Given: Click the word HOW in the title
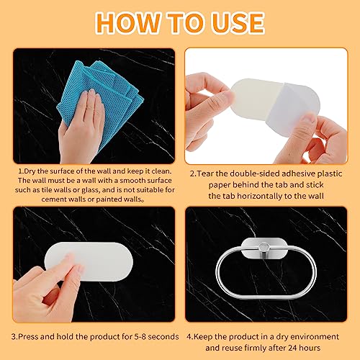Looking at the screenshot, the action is pyautogui.click(x=128, y=22).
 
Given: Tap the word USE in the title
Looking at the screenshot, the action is pyautogui.click(x=238, y=22).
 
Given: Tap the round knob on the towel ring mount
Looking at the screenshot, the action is pyautogui.click(x=264, y=246).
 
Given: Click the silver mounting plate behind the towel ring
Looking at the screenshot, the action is pyautogui.click(x=264, y=247).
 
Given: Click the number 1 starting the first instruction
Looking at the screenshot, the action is pyautogui.click(x=20, y=171).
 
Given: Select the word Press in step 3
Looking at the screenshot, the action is pyautogui.click(x=28, y=336).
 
